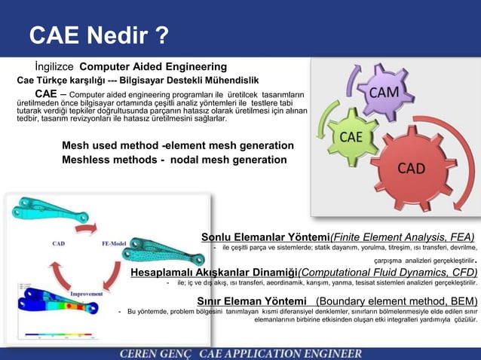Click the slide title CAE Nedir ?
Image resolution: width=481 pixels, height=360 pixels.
(x=99, y=35)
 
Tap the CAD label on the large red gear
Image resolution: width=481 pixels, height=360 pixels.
(x=412, y=167)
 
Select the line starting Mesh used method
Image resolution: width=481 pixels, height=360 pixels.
(x=178, y=145)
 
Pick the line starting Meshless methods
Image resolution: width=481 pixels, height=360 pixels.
(x=174, y=160)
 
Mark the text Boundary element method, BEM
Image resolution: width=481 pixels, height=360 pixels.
(x=397, y=301)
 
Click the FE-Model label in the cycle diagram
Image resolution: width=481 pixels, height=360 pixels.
(x=115, y=243)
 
